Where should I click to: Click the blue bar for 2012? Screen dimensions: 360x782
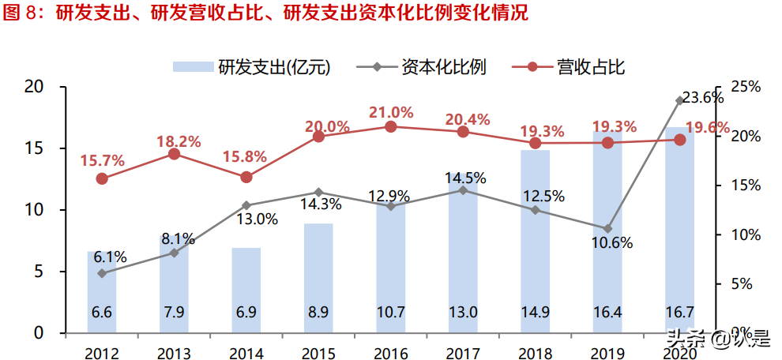[102, 292]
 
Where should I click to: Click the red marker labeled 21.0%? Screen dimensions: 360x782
[391, 126]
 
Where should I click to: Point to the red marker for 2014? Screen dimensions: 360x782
[246, 178]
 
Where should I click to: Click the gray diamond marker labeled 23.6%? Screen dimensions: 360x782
[679, 100]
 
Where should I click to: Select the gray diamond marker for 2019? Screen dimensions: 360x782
[607, 229]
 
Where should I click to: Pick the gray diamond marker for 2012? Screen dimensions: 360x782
[102, 273]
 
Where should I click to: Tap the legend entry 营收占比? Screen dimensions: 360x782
[581, 66]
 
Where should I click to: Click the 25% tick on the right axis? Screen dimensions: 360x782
[743, 87]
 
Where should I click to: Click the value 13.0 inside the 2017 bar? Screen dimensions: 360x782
[463, 312]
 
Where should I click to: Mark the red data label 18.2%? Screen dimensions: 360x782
[174, 141]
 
